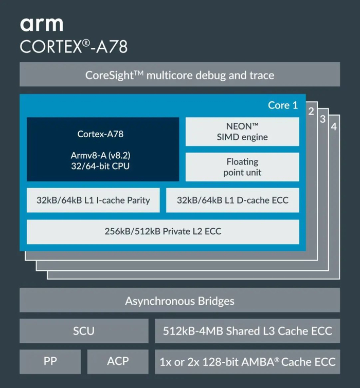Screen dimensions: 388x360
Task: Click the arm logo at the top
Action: (42, 24)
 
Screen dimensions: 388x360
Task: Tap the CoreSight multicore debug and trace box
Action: (179, 75)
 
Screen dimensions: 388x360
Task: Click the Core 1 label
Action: (282, 105)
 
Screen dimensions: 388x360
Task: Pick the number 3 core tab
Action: (322, 120)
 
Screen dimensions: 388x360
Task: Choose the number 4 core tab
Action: (334, 127)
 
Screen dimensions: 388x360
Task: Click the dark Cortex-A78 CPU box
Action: (103, 149)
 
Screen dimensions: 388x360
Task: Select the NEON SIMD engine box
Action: (242, 132)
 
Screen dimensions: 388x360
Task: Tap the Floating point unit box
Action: (242, 167)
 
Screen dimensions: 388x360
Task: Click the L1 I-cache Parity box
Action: (93, 200)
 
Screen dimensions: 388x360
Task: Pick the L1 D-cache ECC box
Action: (232, 200)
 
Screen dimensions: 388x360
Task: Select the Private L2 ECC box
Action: (163, 231)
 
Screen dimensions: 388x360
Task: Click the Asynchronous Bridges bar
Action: (179, 301)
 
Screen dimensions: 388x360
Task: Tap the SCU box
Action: (83, 331)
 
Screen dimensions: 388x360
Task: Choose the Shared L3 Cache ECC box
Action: (247, 331)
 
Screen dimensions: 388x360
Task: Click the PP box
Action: (50, 361)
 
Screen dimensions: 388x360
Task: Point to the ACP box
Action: (118, 361)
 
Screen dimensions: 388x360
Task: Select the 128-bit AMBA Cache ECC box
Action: (247, 361)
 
